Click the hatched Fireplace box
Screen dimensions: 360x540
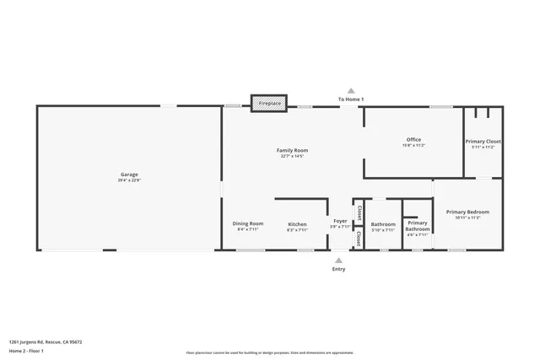pyautogui.click(x=269, y=103)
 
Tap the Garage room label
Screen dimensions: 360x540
pyautogui.click(x=129, y=175)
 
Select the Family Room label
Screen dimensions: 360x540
pyautogui.click(x=293, y=150)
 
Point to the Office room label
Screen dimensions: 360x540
pyautogui.click(x=413, y=139)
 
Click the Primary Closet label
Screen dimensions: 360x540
pyautogui.click(x=483, y=141)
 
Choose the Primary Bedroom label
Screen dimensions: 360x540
pyautogui.click(x=467, y=212)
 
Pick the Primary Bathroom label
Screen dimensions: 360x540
pyautogui.click(x=418, y=226)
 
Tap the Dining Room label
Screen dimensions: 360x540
pyautogui.click(x=248, y=223)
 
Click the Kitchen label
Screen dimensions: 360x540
pyautogui.click(x=297, y=223)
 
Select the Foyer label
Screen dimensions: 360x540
pyautogui.click(x=340, y=221)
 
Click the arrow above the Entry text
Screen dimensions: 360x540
pyautogui.click(x=339, y=260)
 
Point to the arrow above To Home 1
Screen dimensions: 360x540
pyautogui.click(x=351, y=90)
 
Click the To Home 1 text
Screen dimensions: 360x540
pyautogui.click(x=351, y=99)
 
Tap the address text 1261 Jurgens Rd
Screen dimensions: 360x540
pyautogui.click(x=46, y=341)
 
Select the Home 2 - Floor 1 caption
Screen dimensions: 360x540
pyautogui.click(x=26, y=350)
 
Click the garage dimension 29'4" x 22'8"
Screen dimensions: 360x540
pyautogui.click(x=129, y=180)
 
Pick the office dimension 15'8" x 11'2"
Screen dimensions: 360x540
pyautogui.click(x=413, y=145)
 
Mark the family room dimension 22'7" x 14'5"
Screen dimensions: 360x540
pyautogui.click(x=293, y=156)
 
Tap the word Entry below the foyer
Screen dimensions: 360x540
pyautogui.click(x=339, y=269)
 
